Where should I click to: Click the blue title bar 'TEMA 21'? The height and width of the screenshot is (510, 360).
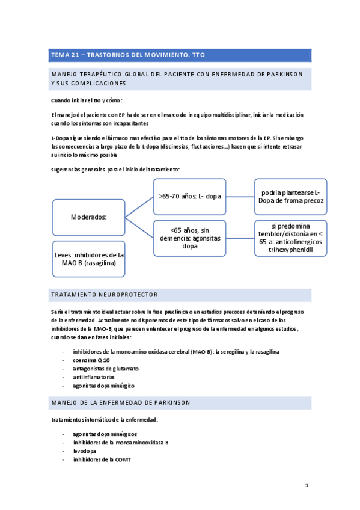180,55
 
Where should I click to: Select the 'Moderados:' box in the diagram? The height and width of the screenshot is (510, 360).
89,217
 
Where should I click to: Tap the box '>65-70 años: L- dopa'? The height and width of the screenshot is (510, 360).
189,196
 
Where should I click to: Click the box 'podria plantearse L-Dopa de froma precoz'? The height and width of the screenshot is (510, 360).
291,196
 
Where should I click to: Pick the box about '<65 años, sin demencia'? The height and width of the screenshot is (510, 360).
189,238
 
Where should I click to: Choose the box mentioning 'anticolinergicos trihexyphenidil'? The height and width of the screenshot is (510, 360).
291,238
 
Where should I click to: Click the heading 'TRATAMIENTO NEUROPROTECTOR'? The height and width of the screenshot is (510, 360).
106,295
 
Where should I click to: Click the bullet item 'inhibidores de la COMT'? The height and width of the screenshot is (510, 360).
102,459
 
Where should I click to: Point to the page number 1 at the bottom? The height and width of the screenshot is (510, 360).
306,485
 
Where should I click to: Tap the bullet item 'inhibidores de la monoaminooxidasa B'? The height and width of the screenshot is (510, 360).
121,442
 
